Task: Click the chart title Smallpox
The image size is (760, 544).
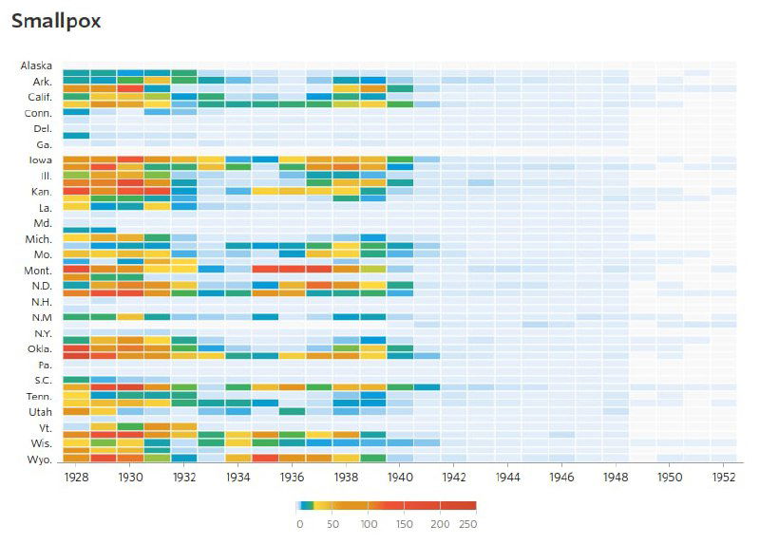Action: pos(56,20)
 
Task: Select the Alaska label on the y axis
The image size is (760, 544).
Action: pos(36,66)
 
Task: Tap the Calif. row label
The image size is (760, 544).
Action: pos(38,97)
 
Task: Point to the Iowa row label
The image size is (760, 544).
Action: pos(39,160)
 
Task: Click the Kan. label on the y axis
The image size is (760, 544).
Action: pos(40,192)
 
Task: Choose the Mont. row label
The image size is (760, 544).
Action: pos(37,271)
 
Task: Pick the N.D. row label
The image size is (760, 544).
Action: pos(40,286)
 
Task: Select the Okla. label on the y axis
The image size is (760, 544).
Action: pos(38,348)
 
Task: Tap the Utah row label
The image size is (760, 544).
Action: pos(39,412)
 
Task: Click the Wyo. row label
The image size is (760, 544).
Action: pos(38,460)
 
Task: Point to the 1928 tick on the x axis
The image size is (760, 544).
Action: pos(76,478)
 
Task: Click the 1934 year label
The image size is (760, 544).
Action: pos(238,478)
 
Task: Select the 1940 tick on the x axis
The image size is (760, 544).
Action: pos(400,478)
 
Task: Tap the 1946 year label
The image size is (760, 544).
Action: pos(561,478)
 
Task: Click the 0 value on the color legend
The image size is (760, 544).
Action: pos(299,523)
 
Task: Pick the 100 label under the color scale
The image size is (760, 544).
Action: pos(370,523)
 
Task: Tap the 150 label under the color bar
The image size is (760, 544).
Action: pos(405,523)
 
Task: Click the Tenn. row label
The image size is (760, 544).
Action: pos(38,396)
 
